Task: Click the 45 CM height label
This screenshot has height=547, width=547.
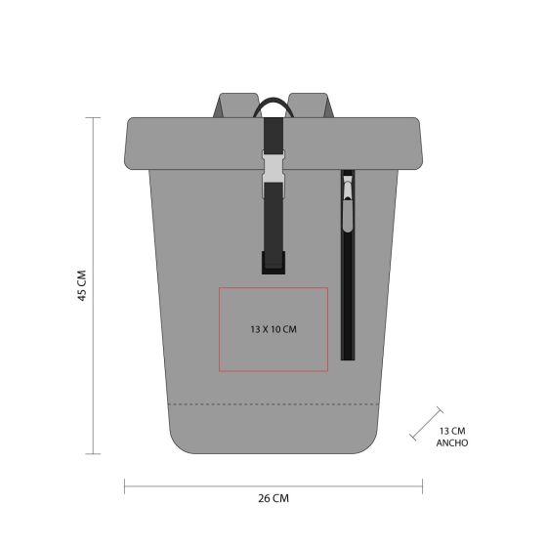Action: pyautogui.click(x=82, y=285)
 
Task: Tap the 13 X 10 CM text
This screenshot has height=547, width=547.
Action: pyautogui.click(x=273, y=329)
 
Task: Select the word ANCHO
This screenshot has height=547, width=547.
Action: pyautogui.click(x=451, y=442)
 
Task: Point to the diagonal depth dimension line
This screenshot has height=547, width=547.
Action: pyautogui.click(x=427, y=422)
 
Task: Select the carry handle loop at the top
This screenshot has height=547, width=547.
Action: pyautogui.click(x=273, y=103)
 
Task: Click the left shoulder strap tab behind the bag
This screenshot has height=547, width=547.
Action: pyautogui.click(x=235, y=105)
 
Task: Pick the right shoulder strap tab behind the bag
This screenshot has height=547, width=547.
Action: pyautogui.click(x=311, y=105)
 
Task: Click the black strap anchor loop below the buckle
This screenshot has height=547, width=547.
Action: pyautogui.click(x=273, y=260)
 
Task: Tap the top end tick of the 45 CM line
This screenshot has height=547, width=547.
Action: pyautogui.click(x=94, y=118)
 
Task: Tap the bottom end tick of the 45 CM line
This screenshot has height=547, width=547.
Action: pyautogui.click(x=94, y=453)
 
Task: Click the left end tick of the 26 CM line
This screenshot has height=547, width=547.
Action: pyautogui.click(x=125, y=484)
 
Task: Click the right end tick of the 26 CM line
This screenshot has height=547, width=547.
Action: pyautogui.click(x=422, y=484)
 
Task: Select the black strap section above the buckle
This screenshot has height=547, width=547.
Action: pyautogui.click(x=273, y=132)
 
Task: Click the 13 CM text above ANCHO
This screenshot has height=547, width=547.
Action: pyautogui.click(x=451, y=430)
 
